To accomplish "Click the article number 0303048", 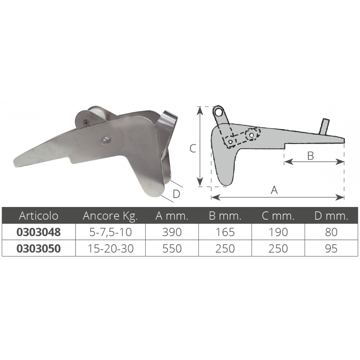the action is coord(39,232).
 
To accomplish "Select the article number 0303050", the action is coord(39,248).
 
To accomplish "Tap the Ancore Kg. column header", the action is coord(110,216).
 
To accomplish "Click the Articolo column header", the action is coord(39,216).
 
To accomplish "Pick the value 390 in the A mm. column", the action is coord(172,232).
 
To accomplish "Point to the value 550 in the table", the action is coord(172,248).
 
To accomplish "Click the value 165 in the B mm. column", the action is coord(225,232).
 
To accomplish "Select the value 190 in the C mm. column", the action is coord(278,232).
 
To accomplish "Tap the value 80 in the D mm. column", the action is coord(331,232).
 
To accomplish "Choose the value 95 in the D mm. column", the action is coord(331,248).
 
